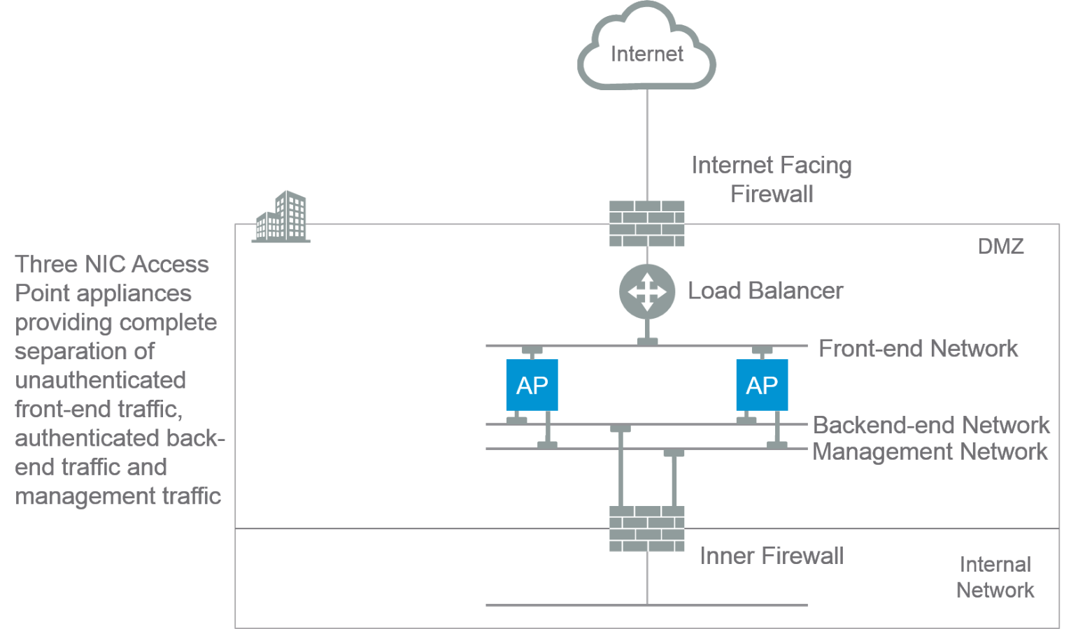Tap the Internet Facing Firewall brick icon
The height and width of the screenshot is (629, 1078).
click(647, 224)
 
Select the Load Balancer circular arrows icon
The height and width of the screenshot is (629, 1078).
click(647, 291)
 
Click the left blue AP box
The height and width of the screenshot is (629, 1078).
click(532, 385)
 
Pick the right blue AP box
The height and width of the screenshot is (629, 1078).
click(762, 385)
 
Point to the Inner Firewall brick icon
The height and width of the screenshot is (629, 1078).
click(647, 529)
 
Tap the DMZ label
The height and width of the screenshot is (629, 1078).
click(1000, 246)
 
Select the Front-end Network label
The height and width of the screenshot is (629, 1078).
click(919, 348)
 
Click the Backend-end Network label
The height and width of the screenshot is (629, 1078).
click(931, 425)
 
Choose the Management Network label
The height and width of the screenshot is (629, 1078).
click(930, 451)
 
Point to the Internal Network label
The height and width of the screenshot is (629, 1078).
click(995, 577)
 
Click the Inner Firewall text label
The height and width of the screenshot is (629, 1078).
click(772, 556)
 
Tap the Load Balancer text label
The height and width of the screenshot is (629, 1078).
click(765, 291)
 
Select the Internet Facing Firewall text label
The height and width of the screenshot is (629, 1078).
click(772, 179)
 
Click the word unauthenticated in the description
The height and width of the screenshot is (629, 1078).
click(100, 380)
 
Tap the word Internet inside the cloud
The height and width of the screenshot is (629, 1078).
click(646, 54)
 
